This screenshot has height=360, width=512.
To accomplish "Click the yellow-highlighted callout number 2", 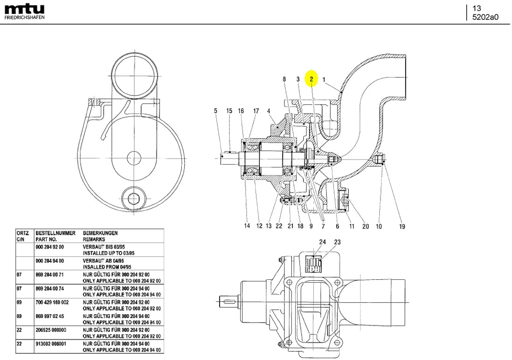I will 311,79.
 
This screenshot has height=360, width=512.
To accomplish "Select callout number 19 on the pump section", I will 402,227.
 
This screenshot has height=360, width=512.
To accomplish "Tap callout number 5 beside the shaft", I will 215,111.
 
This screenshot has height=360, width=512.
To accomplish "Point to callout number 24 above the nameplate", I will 322,242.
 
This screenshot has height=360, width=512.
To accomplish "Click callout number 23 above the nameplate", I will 337,242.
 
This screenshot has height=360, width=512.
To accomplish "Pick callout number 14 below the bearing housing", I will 247,226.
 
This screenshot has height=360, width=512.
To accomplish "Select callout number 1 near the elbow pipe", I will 324,80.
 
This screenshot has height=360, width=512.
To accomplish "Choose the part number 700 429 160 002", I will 52,303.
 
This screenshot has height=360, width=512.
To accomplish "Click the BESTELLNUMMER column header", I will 55,233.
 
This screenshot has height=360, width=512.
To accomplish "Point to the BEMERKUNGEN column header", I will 100,233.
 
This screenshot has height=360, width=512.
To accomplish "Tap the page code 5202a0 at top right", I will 485,17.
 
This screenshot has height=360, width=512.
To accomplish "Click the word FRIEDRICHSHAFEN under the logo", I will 25,18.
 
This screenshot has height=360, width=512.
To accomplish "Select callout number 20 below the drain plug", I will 366,227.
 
